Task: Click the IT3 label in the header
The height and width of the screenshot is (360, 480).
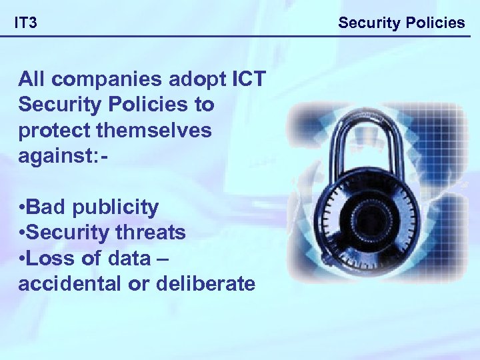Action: point(27,24)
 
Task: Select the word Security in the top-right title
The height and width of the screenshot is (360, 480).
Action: point(368,23)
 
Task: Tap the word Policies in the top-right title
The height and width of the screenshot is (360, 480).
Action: point(433,23)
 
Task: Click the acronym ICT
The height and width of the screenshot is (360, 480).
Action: point(247,79)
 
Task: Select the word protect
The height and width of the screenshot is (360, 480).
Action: point(53,131)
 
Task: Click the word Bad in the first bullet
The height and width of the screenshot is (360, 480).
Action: point(47,207)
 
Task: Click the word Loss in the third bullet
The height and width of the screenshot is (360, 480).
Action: point(49,258)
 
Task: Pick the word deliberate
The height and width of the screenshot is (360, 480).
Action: point(205,283)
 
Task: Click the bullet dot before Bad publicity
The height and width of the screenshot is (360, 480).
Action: point(22,208)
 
